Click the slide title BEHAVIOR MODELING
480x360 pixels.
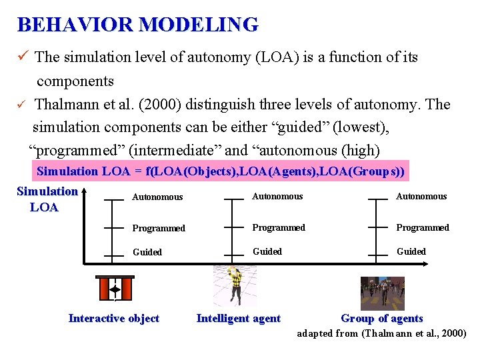point(137,25)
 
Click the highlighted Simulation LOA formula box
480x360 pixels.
point(221,171)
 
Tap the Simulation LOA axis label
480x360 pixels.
point(47,199)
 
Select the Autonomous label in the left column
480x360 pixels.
point(157,197)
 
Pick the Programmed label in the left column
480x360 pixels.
point(159,228)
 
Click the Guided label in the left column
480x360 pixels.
point(147,253)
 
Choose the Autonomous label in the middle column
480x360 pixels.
point(277,197)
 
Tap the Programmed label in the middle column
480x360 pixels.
point(279,227)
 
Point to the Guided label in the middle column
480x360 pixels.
point(267,251)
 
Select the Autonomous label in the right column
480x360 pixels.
point(421,197)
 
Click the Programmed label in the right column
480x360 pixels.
point(423,227)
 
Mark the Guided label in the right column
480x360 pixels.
point(411,251)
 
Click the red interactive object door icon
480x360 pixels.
point(114,289)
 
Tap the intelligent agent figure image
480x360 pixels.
point(234,285)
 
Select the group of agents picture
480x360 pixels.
point(382,293)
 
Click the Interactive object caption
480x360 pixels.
point(114,319)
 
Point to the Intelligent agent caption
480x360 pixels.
point(239,319)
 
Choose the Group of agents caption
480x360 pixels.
point(382,319)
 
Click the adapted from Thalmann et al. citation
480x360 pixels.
point(381,333)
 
